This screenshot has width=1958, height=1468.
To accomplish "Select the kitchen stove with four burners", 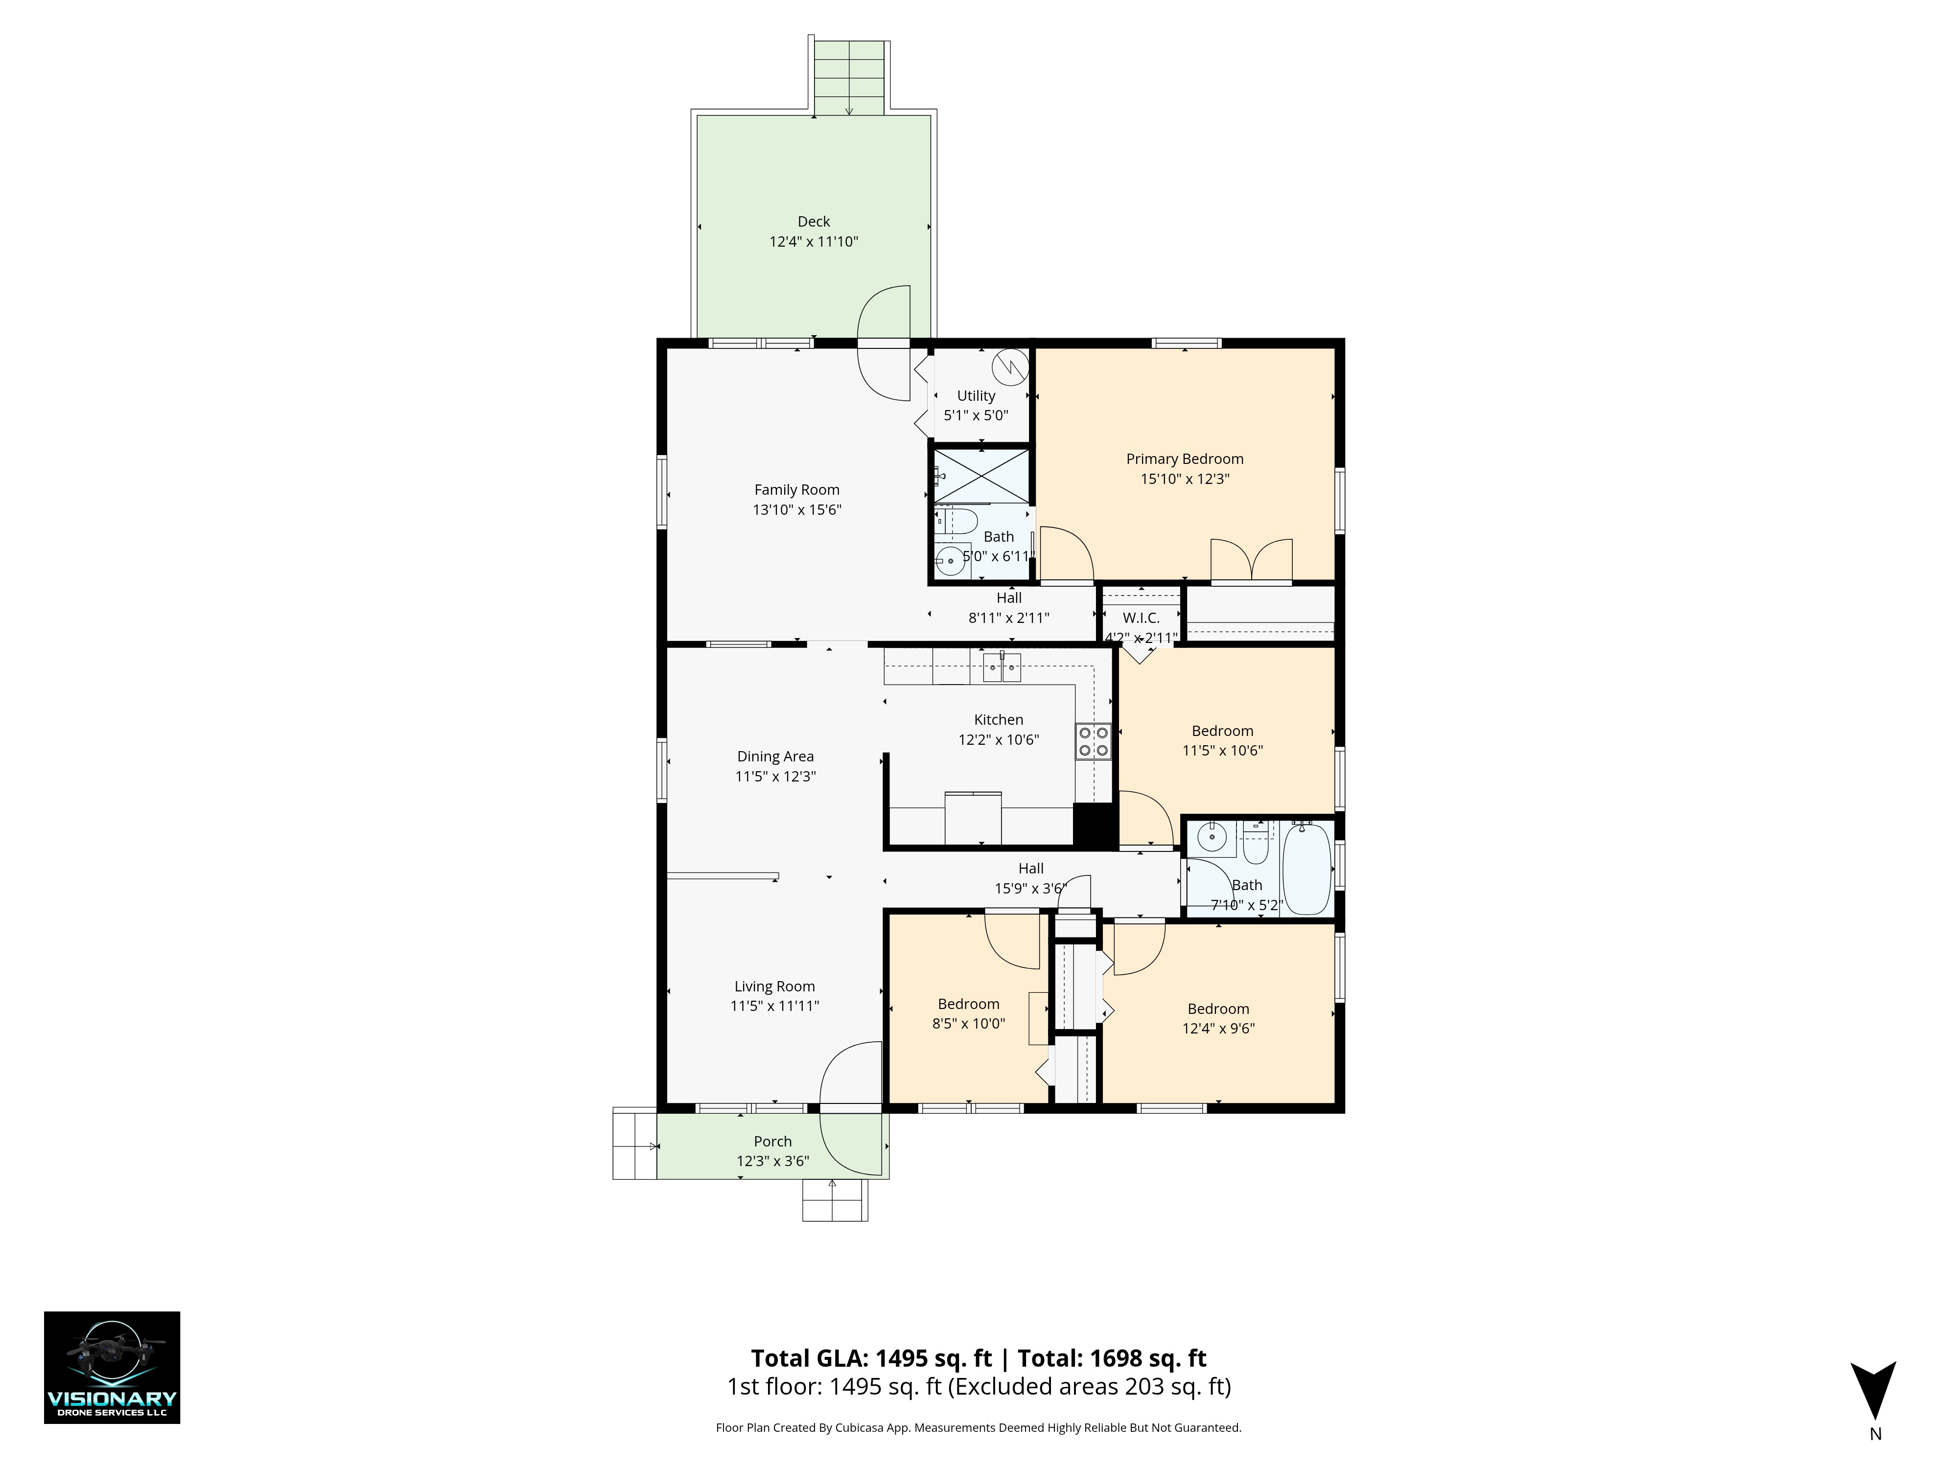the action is pyautogui.click(x=1093, y=741).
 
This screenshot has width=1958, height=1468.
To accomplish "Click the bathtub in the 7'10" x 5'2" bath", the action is pyautogui.click(x=1306, y=868).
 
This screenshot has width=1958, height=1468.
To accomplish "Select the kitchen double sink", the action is pyautogui.click(x=1002, y=667).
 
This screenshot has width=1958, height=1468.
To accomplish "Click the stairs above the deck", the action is pyautogui.click(x=849, y=78).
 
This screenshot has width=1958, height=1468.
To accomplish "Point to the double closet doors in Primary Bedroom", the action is pyautogui.click(x=1252, y=560).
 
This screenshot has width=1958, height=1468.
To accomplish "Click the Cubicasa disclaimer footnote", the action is pyautogui.click(x=978, y=1427).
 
